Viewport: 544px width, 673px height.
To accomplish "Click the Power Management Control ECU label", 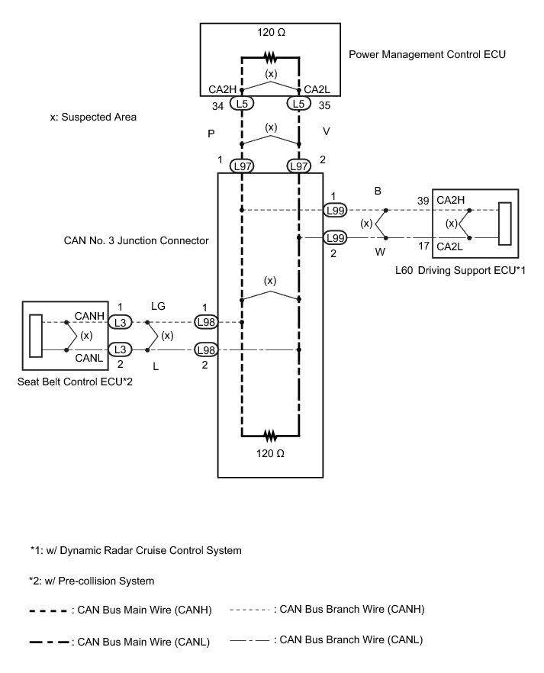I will tap(427, 55).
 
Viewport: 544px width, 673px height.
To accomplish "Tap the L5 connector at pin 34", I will tap(242, 103).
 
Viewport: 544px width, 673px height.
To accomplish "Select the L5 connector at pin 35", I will tap(298, 103).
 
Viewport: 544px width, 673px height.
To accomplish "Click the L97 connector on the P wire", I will tap(242, 166).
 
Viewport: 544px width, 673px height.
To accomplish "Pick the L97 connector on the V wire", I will tap(298, 166).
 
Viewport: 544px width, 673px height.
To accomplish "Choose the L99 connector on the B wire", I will tap(336, 210).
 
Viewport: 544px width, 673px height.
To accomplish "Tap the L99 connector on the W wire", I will tap(336, 238).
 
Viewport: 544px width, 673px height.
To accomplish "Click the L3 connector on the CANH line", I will tap(120, 322).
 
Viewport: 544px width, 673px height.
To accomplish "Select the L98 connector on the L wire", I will tap(207, 350).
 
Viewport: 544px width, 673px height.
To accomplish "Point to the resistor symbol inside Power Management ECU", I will tap(270, 56).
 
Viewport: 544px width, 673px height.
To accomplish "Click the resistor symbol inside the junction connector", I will tap(270, 436).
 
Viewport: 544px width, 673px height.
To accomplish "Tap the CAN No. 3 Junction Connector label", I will tap(136, 240).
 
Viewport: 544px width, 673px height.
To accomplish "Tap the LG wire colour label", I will tap(159, 306).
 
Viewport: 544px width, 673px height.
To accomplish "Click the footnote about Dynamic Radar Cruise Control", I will tap(136, 549).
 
